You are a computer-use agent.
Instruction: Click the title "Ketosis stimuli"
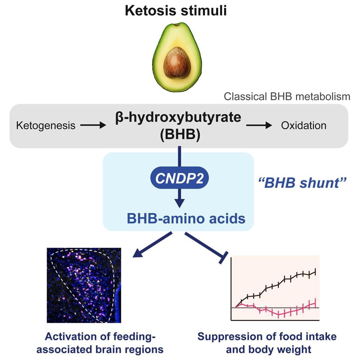tap(176, 10)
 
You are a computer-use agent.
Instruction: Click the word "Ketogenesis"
tap(46, 125)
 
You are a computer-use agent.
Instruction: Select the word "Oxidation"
tap(304, 125)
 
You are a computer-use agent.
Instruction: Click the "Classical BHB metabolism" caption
tap(287, 97)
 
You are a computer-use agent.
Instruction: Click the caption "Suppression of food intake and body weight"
tap(267, 343)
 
